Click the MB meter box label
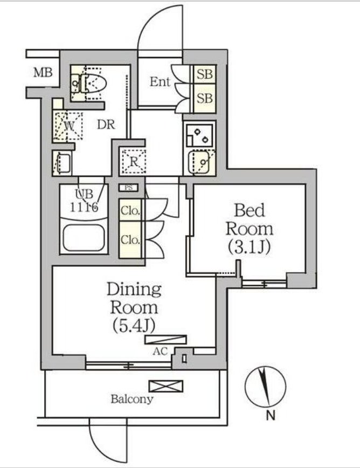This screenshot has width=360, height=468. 43,73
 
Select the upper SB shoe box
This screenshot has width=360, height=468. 205,74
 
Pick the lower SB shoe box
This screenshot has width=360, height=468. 205,98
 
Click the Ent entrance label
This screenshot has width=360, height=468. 160,81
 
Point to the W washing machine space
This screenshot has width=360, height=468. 68,126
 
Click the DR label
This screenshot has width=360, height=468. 106,125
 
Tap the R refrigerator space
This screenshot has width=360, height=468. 134,161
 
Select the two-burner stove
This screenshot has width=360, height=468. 199,135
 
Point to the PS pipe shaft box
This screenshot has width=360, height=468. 129,188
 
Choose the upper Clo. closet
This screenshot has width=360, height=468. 130,210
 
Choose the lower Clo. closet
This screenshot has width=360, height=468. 130,239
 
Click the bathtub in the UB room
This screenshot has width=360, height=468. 84,238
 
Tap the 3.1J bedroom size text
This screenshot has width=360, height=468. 249,247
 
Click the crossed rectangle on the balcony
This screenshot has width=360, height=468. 166,386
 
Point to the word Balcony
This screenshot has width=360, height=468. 132,399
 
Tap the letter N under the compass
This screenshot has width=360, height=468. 270,416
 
